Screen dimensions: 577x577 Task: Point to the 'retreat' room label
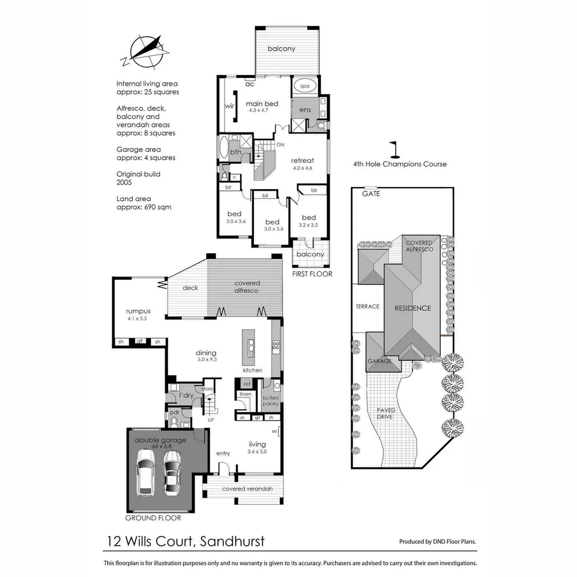pos(302,160)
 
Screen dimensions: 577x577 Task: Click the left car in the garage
pos(146,471)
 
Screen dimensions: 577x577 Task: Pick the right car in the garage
pos(172,472)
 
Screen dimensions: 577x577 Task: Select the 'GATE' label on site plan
pos(371,194)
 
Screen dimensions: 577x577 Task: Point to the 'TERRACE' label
pos(367,307)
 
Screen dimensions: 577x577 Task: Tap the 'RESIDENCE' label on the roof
pos(412,308)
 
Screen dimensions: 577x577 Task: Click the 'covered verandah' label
pos(247,489)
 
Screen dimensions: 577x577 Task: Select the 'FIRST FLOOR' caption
pos(312,274)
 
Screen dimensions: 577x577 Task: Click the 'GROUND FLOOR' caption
pos(153,518)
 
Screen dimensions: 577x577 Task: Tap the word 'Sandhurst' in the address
pos(232,541)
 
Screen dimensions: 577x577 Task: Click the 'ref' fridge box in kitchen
pos(247,384)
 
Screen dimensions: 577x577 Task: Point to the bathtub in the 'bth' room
pos(223,147)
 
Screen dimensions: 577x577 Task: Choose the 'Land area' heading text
pos(134,199)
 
